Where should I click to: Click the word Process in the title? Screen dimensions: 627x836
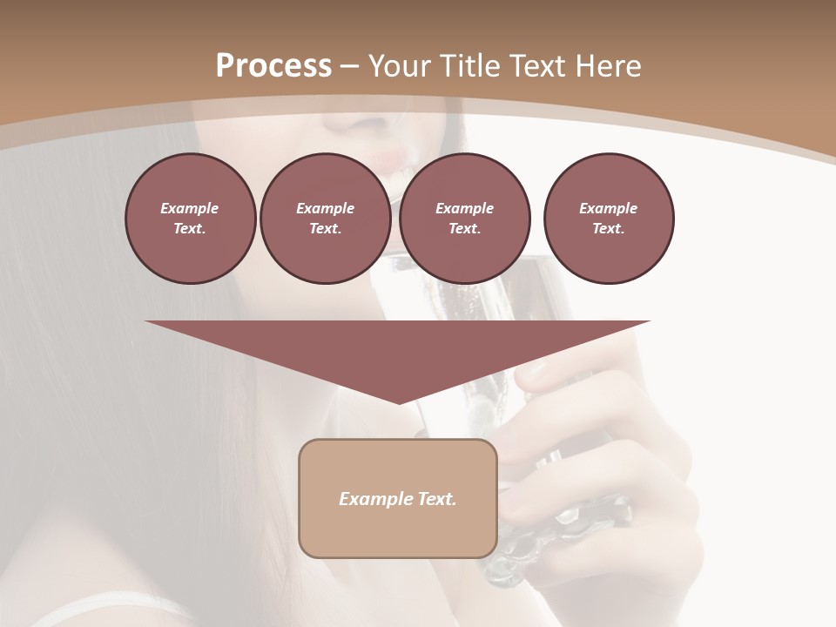pos(273,65)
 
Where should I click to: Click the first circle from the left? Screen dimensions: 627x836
pos(190,219)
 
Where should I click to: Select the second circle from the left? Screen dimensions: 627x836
pos(325,219)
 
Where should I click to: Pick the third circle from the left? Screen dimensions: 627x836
pos(464,219)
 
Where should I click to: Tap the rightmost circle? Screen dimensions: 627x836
pos(608,219)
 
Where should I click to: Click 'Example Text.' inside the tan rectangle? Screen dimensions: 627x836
pos(398,499)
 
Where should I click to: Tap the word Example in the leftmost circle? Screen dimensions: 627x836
pos(190,208)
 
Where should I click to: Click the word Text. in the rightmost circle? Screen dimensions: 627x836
pos(608,229)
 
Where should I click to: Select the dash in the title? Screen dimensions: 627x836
pos(349,66)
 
